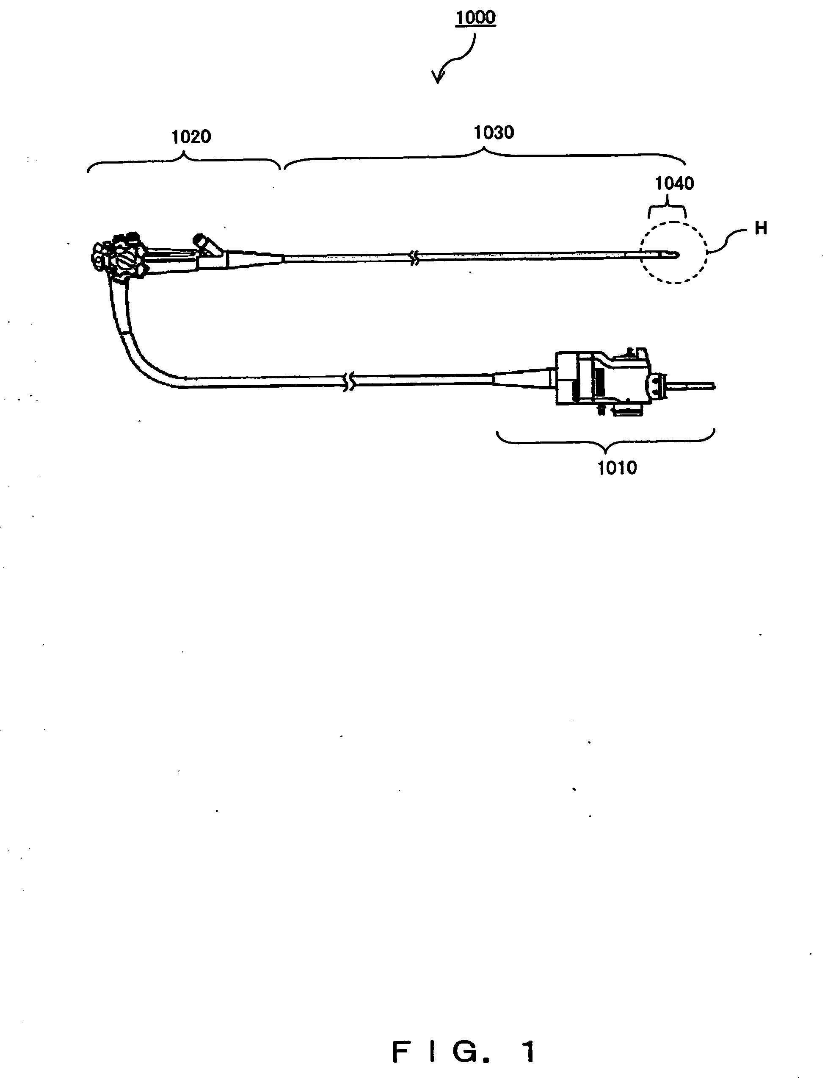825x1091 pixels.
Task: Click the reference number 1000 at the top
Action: (475, 18)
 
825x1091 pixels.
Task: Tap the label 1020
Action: (191, 136)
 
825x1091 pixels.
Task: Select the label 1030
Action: (494, 132)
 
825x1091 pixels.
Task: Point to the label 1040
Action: (674, 183)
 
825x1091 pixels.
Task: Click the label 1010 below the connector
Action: (617, 468)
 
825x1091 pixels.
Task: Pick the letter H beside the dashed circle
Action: (760, 228)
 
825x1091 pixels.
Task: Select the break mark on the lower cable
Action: (349, 382)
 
